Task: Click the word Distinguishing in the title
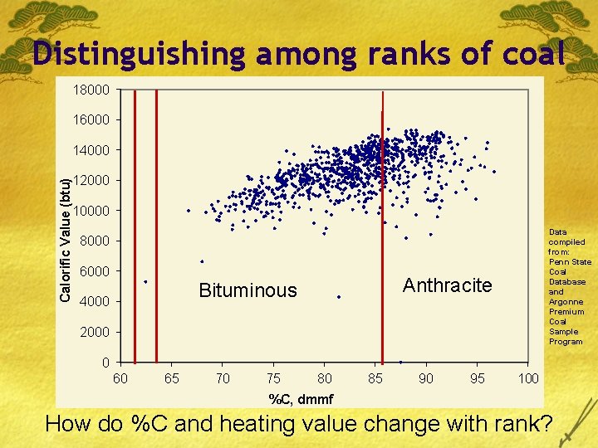[140, 54]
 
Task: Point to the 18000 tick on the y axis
[91, 90]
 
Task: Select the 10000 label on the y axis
[91, 211]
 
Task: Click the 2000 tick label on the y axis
[95, 333]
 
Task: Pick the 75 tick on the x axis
[273, 378]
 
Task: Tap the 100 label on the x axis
[528, 378]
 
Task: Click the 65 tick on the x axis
[171, 378]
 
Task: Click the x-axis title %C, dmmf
[301, 399]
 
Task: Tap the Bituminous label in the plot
[248, 290]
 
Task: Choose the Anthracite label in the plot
[447, 286]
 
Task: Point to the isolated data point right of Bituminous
[339, 296]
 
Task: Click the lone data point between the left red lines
[145, 282]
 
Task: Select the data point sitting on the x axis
[400, 362]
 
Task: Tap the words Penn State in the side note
[570, 262]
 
